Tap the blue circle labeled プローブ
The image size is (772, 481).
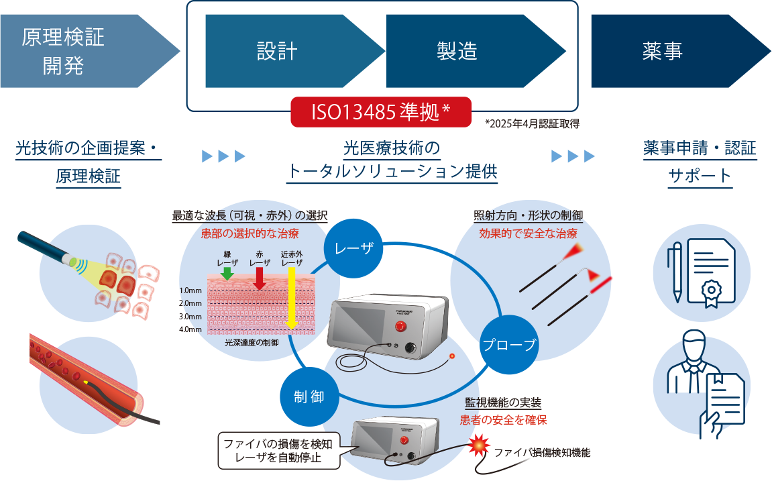(510, 345)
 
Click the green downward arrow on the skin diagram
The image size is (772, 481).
(227, 272)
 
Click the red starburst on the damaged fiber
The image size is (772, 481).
(479, 445)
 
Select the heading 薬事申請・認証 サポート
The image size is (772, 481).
(700, 162)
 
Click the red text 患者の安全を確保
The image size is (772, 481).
(503, 421)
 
